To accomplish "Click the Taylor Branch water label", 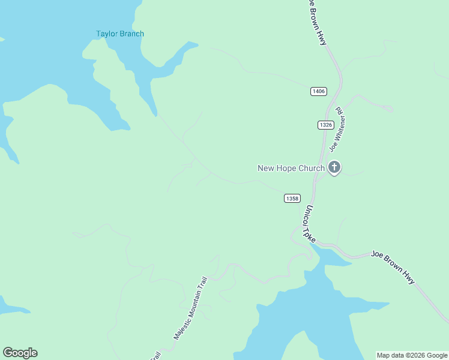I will [120, 34].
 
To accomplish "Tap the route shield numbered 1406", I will [319, 91].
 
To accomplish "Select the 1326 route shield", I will [325, 125].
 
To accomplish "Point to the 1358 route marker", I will [292, 199].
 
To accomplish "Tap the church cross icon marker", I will [334, 167].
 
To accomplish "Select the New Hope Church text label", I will [291, 169].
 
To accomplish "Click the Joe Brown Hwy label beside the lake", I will [393, 267].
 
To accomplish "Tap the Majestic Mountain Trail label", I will [191, 308].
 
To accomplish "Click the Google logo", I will [20, 353].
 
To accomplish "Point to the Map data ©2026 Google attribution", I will [412, 356].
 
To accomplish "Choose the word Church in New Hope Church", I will [311, 169].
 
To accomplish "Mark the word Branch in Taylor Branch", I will [132, 34].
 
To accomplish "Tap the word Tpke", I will [310, 233].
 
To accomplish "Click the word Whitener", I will [333, 133].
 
